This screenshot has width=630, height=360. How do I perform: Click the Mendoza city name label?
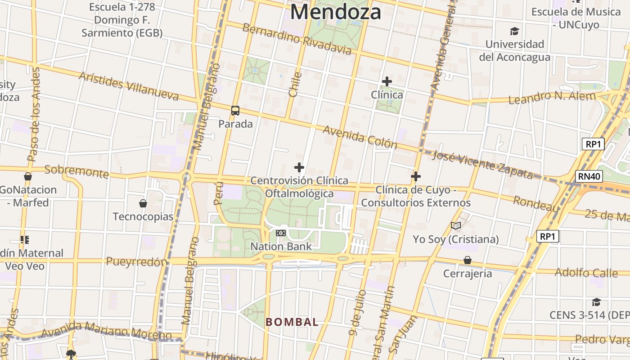click(x=335, y=12)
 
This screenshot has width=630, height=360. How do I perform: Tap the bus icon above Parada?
click(x=235, y=110)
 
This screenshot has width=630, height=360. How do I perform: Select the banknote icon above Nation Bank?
click(x=281, y=233)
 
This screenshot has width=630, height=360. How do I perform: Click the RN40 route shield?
click(x=589, y=176)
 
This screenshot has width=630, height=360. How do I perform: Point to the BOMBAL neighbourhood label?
click(x=292, y=322)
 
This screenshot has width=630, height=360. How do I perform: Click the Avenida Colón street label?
click(x=360, y=137)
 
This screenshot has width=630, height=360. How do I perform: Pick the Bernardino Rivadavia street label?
click(x=297, y=39)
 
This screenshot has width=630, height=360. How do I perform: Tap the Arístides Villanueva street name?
click(x=129, y=85)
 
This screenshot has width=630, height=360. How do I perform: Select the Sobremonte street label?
click(x=76, y=171)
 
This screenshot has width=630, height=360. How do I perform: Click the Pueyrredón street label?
click(x=136, y=261)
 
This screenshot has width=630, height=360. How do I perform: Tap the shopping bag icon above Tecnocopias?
click(x=143, y=203)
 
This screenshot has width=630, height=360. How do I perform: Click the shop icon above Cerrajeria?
click(x=468, y=260)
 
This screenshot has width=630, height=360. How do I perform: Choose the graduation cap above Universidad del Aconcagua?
click(x=514, y=31)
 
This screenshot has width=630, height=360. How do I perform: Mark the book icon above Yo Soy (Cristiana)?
click(x=456, y=225)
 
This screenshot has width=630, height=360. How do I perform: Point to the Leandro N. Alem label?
click(x=552, y=97)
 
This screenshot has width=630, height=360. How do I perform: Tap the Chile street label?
click(x=294, y=85)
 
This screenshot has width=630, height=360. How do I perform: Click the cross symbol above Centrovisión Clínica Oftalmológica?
click(x=299, y=167)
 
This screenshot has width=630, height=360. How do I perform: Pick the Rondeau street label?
click(x=536, y=203)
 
